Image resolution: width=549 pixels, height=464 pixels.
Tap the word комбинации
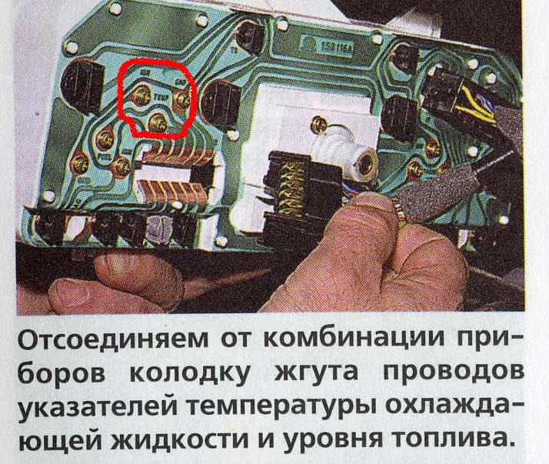point(352,339)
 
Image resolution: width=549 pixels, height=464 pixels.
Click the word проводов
point(454,374)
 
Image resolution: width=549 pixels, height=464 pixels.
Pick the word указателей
point(98,408)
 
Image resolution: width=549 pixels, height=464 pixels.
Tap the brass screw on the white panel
point(319,124)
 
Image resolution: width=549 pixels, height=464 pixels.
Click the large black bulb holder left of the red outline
point(82,86)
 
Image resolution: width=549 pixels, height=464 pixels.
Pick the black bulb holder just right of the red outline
point(221,101)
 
